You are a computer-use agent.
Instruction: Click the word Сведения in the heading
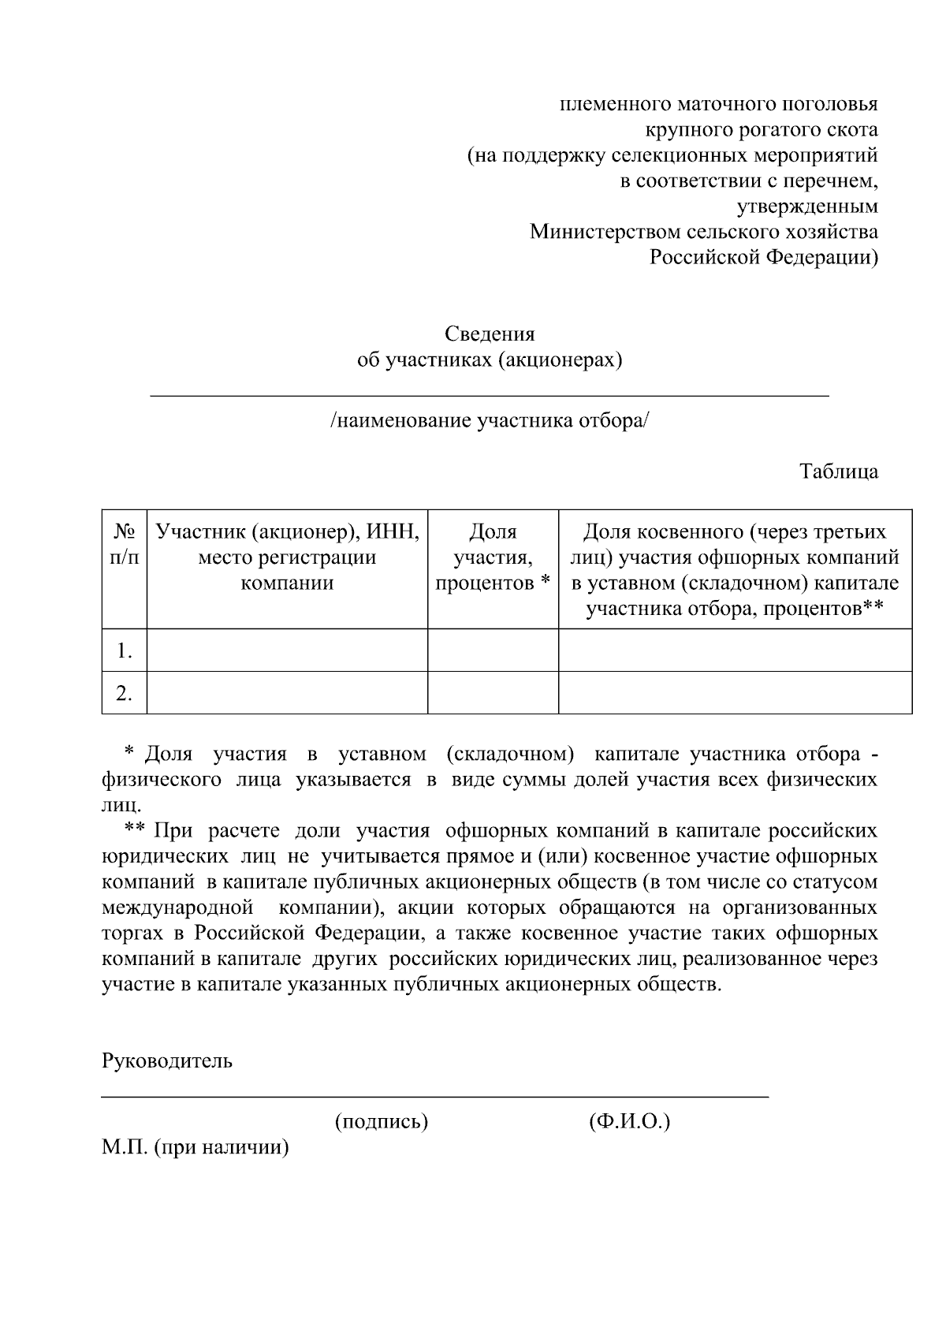490,334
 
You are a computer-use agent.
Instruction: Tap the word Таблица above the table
839,471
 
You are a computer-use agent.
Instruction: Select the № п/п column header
124,545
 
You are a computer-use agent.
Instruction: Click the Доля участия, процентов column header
493,557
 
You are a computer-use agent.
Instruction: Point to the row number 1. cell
124,650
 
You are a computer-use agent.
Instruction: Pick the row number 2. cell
124,693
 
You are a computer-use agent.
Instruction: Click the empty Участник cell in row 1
287,650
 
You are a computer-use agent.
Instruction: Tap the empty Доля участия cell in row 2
493,693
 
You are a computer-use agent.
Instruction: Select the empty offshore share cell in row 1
735,650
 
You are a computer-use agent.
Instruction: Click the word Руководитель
167,1060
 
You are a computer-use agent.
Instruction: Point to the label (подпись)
382,1121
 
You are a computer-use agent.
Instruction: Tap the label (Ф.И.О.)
629,1121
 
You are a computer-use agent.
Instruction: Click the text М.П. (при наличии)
196,1147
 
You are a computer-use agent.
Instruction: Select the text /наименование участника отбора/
490,420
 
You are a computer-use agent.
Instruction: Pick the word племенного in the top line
605,104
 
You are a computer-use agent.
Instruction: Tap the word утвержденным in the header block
806,207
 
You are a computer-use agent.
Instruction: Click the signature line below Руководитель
434,1096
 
